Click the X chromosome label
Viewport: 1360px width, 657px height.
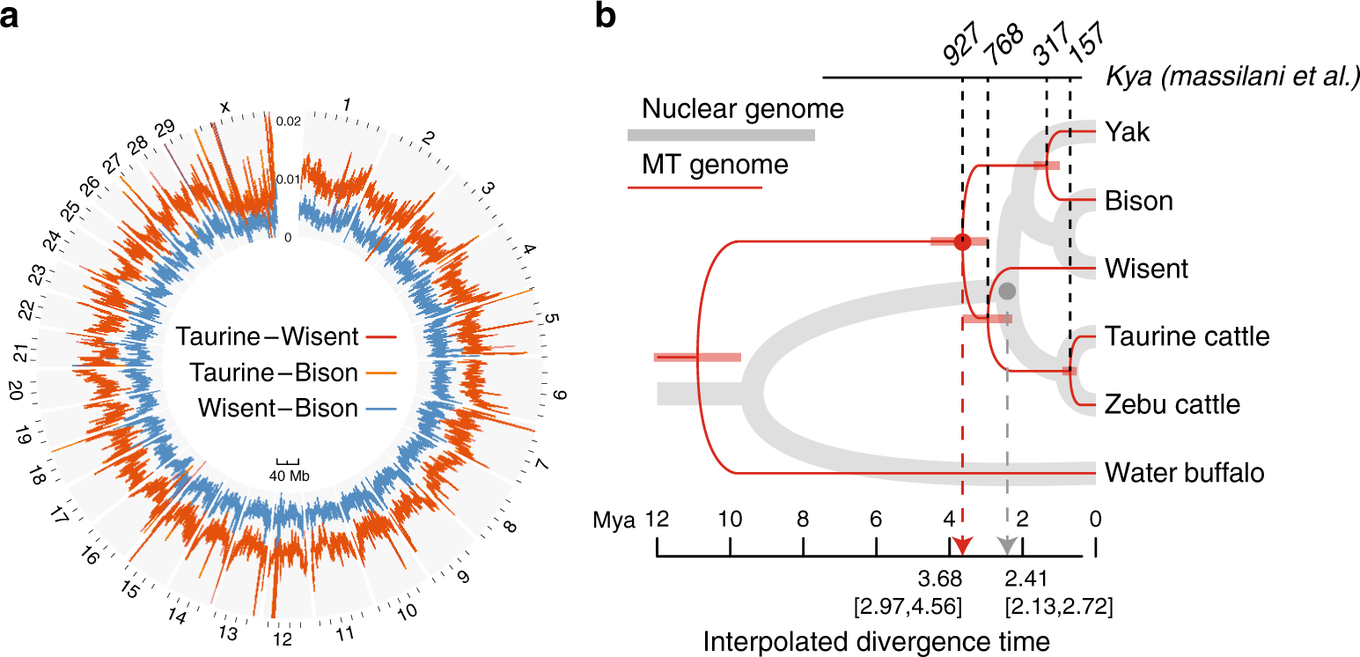225,107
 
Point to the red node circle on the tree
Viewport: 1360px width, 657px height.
962,241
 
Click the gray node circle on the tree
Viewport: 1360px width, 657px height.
1008,290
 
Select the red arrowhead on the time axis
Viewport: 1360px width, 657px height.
962,546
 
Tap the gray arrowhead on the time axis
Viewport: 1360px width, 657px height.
1008,546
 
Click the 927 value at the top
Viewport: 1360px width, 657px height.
959,55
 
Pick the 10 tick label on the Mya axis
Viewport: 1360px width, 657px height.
730,520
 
